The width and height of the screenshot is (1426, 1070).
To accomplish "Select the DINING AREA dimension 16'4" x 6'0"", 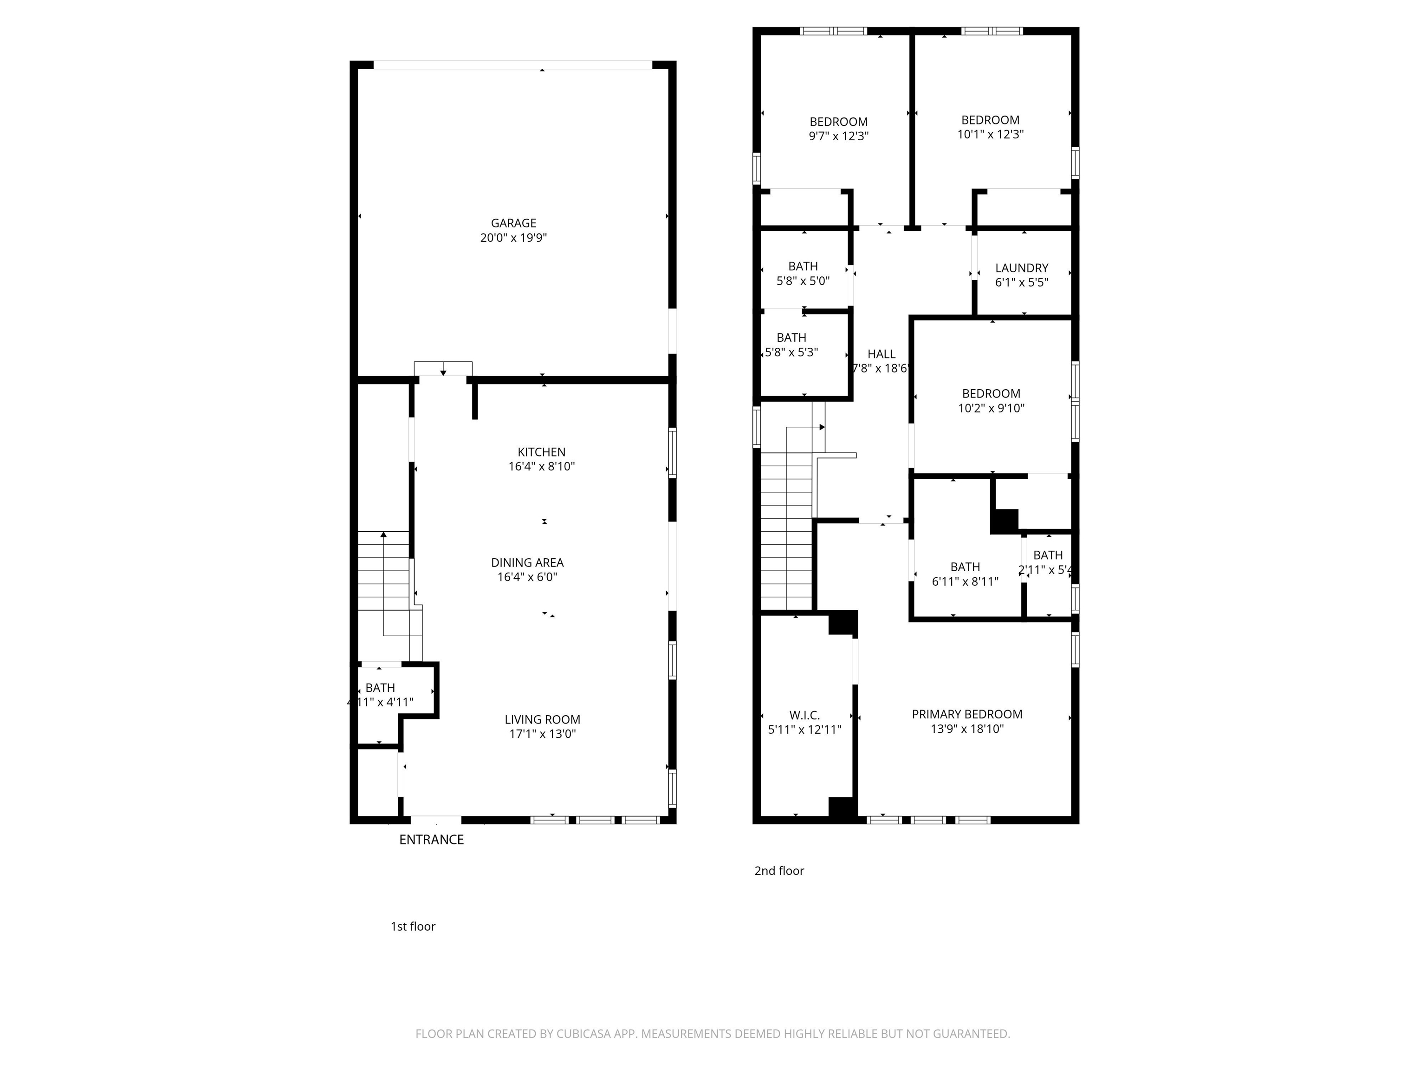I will (527, 577).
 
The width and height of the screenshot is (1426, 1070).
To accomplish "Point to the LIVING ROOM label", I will (542, 719).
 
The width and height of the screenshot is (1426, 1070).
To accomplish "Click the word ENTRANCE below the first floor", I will (431, 839).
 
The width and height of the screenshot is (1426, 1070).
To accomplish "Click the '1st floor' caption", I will (413, 926).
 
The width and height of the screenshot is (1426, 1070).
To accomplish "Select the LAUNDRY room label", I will (1021, 267).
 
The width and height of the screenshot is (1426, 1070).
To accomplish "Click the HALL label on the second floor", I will (881, 354).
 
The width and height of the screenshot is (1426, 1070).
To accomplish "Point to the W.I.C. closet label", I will (804, 715).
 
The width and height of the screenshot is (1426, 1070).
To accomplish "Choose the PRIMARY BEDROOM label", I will (966, 714).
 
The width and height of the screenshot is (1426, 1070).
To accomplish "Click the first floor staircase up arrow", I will (383, 535).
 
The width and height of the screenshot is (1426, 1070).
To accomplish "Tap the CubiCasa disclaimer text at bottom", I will (713, 1034).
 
